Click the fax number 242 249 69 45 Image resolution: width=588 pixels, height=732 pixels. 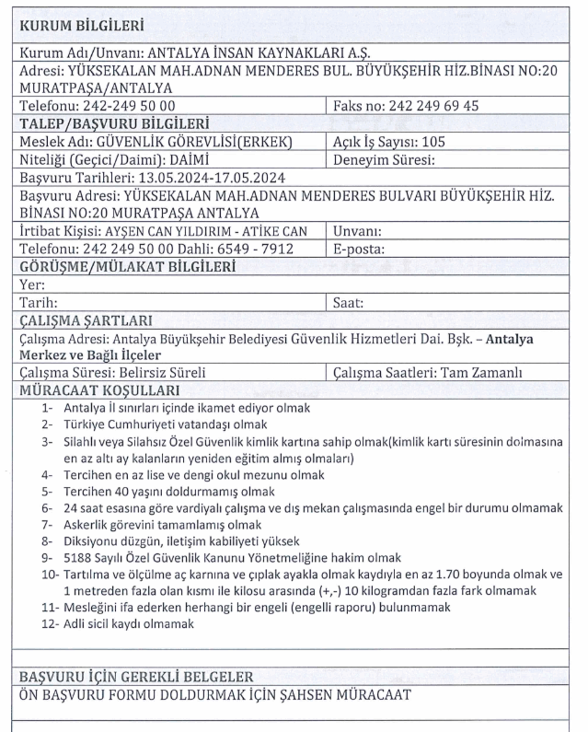(434, 106)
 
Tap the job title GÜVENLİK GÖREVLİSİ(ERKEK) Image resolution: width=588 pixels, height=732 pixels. (202, 142)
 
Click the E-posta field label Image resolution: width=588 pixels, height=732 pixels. (360, 249)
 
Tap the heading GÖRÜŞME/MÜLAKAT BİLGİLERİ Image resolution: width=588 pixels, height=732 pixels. (126, 267)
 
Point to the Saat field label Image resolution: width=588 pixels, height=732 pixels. (349, 302)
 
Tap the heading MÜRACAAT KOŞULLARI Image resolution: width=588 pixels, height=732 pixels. (92, 390)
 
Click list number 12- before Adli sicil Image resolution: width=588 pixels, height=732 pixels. (50, 624)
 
